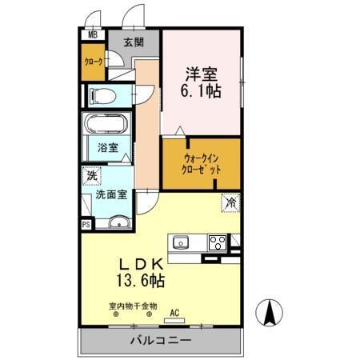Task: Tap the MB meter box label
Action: click(x=92, y=35)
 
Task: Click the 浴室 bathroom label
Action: click(x=107, y=147)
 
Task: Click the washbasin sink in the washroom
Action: click(x=117, y=222)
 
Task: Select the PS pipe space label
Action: click(x=85, y=226)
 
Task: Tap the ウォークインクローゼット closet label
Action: click(x=199, y=163)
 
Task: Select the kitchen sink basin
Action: click(x=181, y=242)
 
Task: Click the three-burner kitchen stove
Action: click(x=217, y=242)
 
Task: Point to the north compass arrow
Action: click(x=269, y=312)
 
